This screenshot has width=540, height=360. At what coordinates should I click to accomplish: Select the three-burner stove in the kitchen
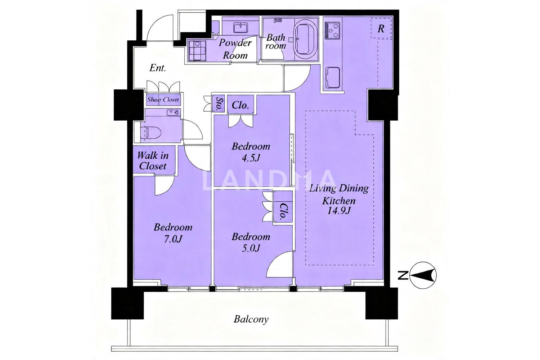pos(332,31)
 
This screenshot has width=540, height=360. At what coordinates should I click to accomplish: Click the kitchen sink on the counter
pos(333,77)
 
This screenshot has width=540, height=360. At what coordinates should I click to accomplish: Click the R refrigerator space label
pos(381,29)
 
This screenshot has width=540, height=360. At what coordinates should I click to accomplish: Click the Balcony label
pos(251,320)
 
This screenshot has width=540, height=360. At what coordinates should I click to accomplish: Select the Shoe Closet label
pos(163,100)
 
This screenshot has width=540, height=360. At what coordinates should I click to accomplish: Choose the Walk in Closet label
pos(153,161)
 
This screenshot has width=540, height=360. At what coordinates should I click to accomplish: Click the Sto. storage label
pos(219,104)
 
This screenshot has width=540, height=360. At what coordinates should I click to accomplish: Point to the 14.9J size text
pos(338,211)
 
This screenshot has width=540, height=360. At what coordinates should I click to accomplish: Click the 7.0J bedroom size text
pos(173,239)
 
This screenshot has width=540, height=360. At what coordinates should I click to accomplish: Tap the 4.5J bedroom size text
pos(251,158)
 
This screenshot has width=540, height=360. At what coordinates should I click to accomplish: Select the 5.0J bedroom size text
pos(251,248)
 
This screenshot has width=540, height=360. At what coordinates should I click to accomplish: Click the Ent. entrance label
pos(158,68)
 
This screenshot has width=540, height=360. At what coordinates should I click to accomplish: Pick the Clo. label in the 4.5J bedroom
pos(240,105)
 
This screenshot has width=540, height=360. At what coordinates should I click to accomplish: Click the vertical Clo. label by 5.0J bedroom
pos(283,212)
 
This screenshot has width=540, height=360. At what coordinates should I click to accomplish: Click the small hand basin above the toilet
pos(174,112)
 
